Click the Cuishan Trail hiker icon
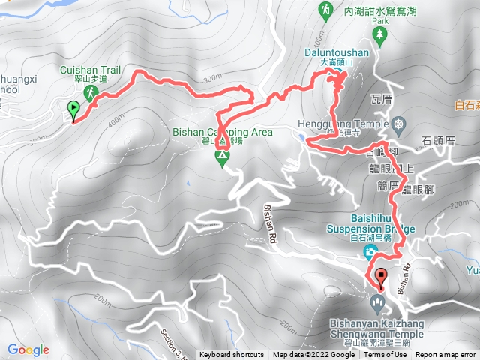point(90,92)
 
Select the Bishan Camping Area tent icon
point(222,157)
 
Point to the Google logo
point(28,349)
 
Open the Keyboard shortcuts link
point(231,355)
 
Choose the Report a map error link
point(445,355)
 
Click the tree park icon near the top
point(379,33)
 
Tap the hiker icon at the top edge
point(325,9)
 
